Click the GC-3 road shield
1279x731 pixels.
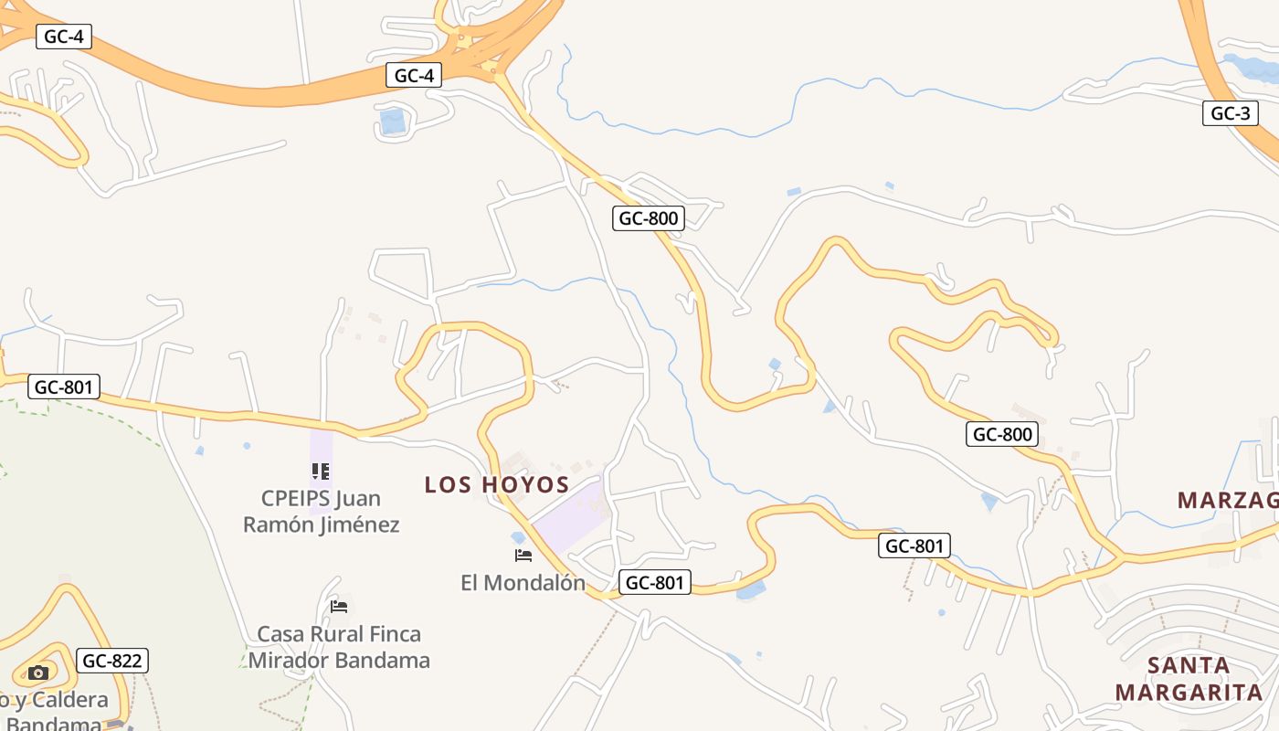[1230, 113]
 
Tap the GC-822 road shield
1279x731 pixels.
[112, 661]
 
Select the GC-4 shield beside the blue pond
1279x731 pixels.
[414, 75]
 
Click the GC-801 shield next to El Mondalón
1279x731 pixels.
[654, 582]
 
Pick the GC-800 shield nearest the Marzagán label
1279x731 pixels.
[1002, 434]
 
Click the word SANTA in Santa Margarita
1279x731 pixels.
[1189, 665]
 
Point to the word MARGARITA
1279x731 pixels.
[1189, 693]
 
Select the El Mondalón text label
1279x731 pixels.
[523, 582]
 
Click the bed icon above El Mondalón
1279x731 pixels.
[523, 555]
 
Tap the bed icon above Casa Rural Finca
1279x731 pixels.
[339, 607]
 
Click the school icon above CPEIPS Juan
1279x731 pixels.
[320, 471]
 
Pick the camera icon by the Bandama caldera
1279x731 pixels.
[37, 673]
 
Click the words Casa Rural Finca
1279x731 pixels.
[339, 634]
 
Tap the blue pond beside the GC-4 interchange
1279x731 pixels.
[392, 122]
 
